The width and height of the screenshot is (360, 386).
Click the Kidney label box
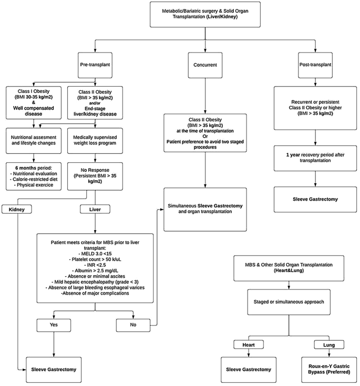(18, 210)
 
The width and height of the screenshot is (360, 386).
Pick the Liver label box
(95, 210)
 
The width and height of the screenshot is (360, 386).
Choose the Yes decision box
(54, 325)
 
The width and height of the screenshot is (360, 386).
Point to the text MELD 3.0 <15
(95, 253)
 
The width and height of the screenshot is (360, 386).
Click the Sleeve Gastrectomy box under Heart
(249, 369)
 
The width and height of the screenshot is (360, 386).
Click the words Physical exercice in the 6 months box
(32, 184)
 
